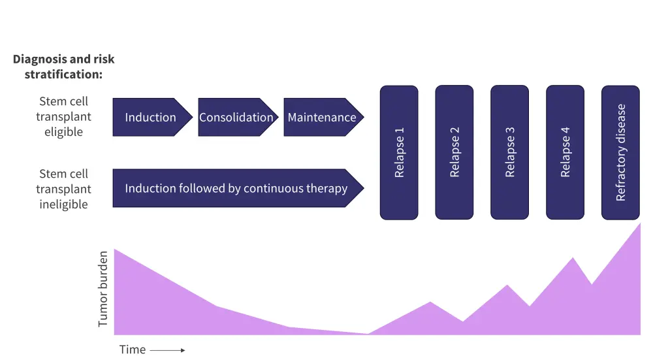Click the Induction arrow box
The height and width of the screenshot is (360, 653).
151,118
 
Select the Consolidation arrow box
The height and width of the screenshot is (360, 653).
236,118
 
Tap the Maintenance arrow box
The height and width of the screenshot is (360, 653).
322,118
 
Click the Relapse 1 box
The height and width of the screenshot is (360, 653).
399,152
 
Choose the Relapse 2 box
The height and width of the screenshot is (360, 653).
454,152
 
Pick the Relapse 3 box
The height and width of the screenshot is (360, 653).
510,152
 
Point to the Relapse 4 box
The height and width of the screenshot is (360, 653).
565,152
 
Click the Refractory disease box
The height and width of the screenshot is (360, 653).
621,152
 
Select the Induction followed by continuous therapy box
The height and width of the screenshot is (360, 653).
236,189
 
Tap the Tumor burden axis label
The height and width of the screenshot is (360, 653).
103,289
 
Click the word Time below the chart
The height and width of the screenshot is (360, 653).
133,350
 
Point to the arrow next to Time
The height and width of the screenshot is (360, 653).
168,350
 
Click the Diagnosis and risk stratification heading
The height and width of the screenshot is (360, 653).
63,67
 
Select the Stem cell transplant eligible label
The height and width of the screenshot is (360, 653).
63,117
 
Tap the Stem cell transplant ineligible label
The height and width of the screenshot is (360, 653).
63,189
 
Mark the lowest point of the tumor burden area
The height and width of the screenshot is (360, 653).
368,333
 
